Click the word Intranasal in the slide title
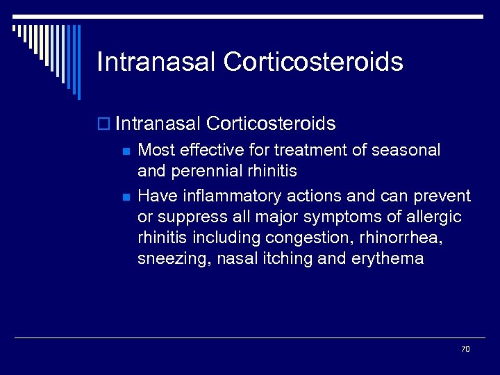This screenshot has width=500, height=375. (156, 62)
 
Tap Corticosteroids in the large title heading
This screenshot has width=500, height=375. (313, 62)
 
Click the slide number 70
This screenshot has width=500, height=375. (465, 349)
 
